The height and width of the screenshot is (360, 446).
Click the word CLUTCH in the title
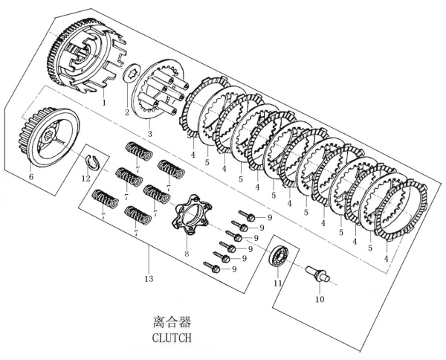pos(172,337)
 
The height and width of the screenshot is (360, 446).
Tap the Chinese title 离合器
pos(172,322)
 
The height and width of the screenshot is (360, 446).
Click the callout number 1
pos(103,101)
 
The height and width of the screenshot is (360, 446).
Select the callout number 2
pos(127,112)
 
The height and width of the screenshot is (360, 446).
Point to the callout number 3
pos(150,133)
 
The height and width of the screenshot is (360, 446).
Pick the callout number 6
pos(31,176)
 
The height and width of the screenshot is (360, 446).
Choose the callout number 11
pos(277,283)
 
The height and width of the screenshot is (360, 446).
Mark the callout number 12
pos(85,179)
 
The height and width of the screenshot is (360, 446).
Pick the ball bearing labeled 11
pos(279,257)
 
